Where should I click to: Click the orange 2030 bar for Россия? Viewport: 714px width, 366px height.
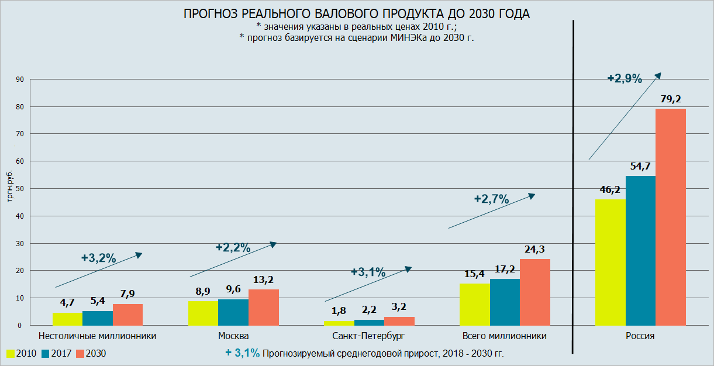(670, 217)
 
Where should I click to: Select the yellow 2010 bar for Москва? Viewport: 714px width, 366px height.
(203, 313)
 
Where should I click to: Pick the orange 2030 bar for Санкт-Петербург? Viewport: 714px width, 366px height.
(399, 321)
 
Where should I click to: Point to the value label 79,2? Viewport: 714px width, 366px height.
(670, 98)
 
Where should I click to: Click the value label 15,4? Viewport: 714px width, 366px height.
(474, 274)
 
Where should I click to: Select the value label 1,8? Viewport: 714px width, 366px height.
(339, 310)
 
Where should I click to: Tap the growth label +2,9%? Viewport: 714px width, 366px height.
(625, 78)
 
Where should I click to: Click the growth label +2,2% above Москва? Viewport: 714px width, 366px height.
(233, 247)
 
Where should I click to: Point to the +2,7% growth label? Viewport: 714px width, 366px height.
(491, 199)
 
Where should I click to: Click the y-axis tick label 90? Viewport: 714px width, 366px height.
(19, 80)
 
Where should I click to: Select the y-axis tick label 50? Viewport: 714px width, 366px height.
(19, 189)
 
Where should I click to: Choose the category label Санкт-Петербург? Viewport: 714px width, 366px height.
(368, 336)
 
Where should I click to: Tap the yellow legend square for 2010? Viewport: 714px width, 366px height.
(11, 353)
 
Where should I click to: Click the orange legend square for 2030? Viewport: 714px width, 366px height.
(81, 353)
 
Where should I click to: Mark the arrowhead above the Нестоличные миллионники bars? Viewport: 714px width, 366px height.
(139, 254)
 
